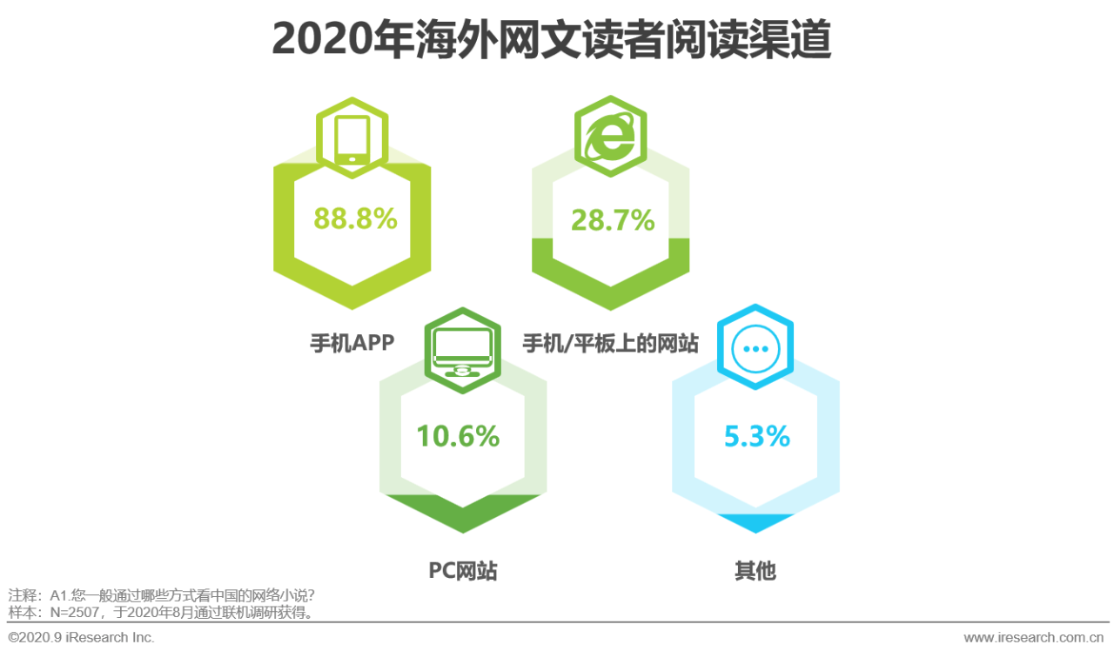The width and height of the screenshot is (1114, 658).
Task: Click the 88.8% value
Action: pos(355,219)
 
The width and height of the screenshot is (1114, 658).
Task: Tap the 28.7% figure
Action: pos(612,220)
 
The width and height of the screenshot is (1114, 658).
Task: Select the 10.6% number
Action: pos(458,435)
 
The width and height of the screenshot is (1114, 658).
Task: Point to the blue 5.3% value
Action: pos(756,435)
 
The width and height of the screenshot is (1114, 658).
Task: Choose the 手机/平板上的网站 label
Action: pos(610,343)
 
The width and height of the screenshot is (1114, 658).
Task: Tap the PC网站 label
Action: pos(463,571)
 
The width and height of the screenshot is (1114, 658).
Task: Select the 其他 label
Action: pos(755,571)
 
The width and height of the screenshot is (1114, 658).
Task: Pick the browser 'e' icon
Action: pos(610,137)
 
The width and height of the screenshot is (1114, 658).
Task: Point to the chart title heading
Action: pos(551,40)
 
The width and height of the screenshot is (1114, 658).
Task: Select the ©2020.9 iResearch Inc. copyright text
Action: pos(81,637)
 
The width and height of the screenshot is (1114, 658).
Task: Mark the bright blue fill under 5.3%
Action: pos(755,522)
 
